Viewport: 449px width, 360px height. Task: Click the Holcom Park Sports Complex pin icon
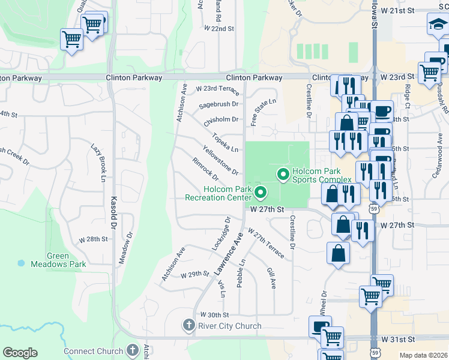tap(283, 175)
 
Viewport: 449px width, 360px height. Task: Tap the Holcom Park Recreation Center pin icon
tap(261, 193)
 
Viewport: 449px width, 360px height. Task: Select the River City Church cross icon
tap(188, 326)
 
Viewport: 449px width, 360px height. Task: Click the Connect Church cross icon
tap(133, 350)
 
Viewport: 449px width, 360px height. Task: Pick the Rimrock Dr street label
tap(205, 169)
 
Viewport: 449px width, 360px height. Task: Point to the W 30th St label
tap(215, 314)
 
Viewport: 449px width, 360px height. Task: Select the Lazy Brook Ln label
tap(98, 163)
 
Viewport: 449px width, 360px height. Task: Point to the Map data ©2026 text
tap(423, 355)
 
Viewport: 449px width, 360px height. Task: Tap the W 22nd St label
tap(218, 28)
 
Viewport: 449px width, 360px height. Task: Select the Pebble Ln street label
tap(242, 273)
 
